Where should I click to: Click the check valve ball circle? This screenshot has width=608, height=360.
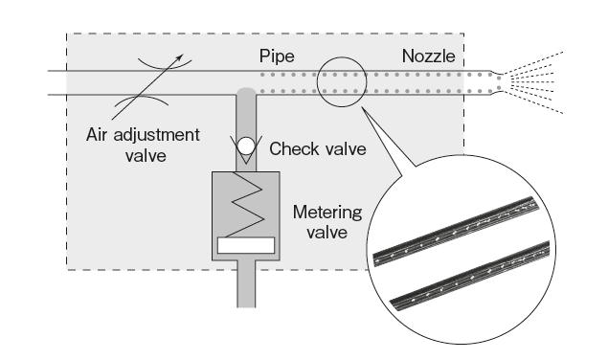[247, 146]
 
